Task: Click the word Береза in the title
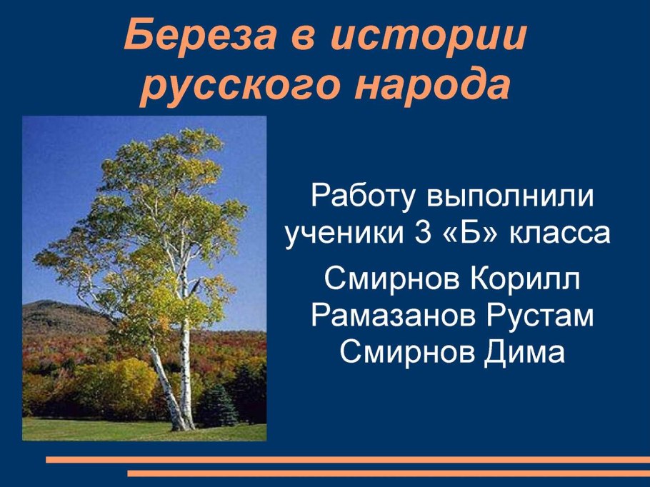pyautogui.click(x=200, y=35)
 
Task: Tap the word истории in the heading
pyautogui.click(x=429, y=35)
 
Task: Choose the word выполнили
pyautogui.click(x=510, y=196)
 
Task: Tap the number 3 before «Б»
pyautogui.click(x=422, y=233)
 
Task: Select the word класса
pyautogui.click(x=559, y=234)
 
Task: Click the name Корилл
pyautogui.click(x=525, y=279)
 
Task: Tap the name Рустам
pyautogui.click(x=540, y=316)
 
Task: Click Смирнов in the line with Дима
pyautogui.click(x=406, y=352)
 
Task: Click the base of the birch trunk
pyautogui.click(x=182, y=425)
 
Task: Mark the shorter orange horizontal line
pyautogui.click(x=389, y=473)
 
